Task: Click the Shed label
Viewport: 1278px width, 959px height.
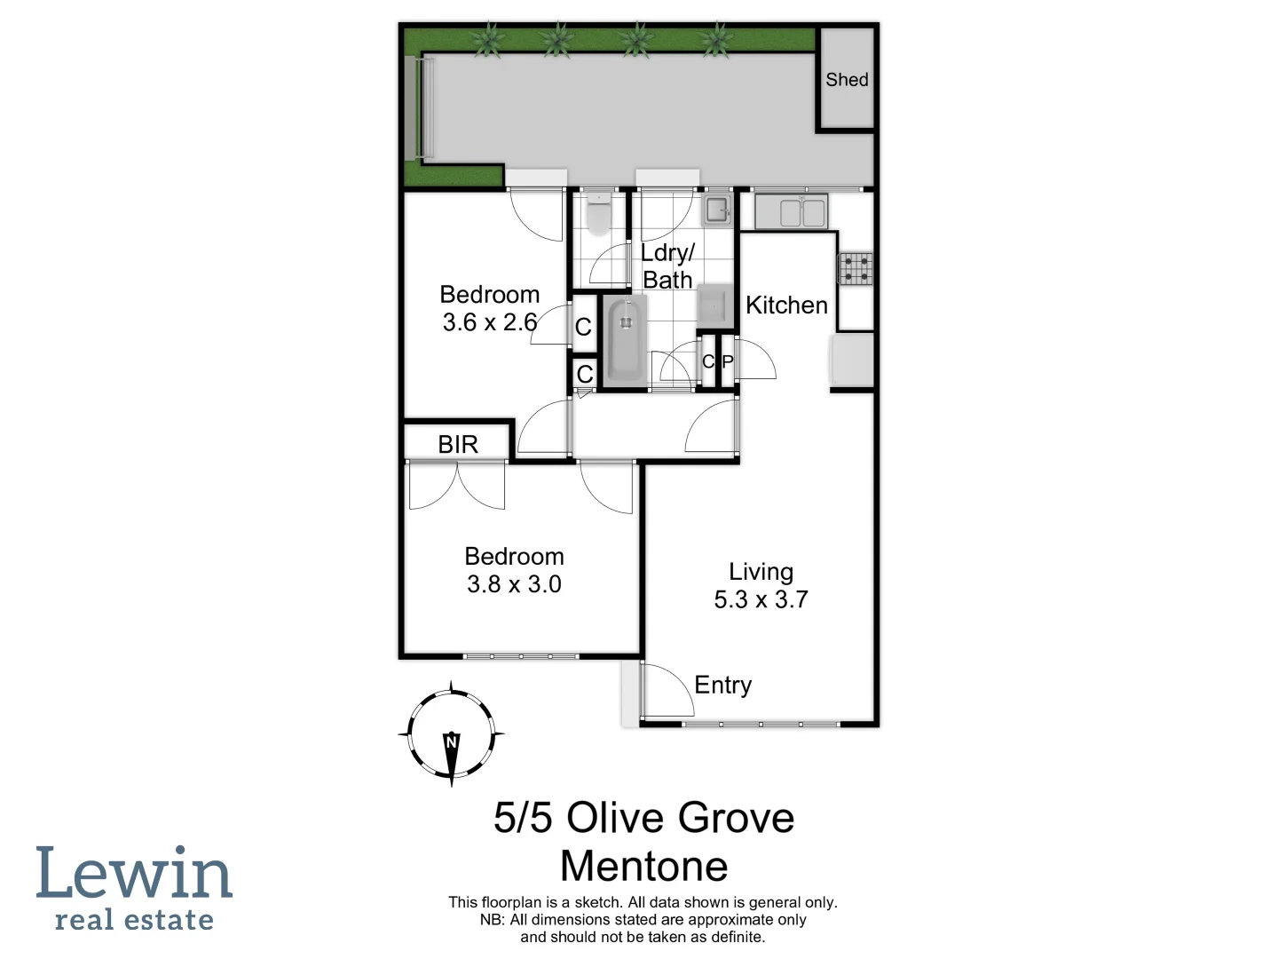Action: pos(847,80)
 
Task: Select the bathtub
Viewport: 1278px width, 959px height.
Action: pos(625,341)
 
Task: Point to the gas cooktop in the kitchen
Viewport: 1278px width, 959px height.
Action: pos(855,268)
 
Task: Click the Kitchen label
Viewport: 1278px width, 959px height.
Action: pos(786,305)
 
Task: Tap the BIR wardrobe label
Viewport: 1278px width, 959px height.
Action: pos(458,444)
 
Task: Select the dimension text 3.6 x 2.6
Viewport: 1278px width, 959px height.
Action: pos(490,322)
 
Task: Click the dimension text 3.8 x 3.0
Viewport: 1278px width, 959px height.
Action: pos(514,584)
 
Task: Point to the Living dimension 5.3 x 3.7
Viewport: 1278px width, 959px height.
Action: pos(761,599)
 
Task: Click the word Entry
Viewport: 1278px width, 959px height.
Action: pos(722,686)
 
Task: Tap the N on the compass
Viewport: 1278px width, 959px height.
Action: pos(451,741)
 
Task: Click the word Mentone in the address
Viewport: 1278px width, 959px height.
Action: pos(644,866)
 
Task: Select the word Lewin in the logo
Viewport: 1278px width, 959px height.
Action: pos(134,874)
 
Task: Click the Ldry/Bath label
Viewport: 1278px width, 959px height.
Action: pos(667,266)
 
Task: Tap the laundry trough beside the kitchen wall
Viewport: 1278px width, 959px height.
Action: pos(716,210)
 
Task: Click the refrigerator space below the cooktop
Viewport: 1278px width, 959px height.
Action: pos(852,360)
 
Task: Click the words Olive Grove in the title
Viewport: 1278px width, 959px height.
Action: pos(680,818)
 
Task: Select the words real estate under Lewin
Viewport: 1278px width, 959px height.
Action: pos(134,921)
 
